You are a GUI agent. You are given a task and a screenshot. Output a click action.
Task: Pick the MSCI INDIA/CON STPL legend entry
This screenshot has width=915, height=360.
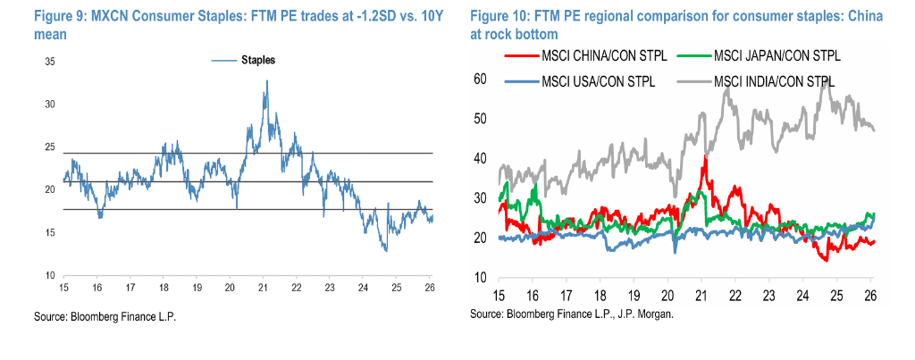click(775, 81)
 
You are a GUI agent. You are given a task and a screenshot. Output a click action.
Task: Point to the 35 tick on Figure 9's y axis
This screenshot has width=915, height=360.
click(51, 62)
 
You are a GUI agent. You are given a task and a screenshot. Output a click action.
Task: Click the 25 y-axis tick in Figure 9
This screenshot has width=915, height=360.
click(51, 147)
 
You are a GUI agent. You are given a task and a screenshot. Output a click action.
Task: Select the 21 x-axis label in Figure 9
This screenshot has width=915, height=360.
click(263, 288)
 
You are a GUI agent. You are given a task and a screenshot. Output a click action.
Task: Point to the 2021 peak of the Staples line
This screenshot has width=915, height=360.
click(266, 81)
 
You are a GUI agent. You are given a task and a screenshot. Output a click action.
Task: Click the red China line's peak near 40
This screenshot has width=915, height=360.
click(706, 157)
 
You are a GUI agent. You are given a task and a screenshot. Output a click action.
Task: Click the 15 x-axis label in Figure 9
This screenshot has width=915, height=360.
click(64, 288)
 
